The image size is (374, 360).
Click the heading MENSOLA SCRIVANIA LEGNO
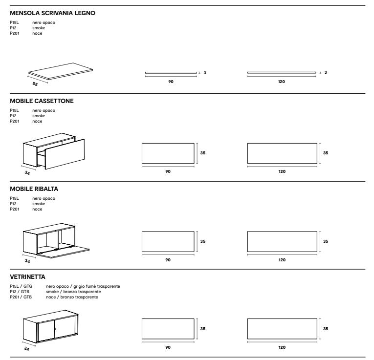52,13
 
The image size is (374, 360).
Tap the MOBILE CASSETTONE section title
42,101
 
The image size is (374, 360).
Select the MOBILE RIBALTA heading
34,189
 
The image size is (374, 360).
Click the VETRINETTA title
27,277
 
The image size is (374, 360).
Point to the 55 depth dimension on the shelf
35,84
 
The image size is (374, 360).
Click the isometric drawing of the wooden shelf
61,71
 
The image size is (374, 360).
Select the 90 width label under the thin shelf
171,82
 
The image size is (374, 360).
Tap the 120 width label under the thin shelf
282,82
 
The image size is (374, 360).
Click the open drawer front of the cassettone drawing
65,154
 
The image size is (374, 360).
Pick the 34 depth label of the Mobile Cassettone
27,173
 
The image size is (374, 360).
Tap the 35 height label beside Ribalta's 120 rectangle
326,241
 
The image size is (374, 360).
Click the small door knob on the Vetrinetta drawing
55,329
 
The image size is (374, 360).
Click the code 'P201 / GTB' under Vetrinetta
21,297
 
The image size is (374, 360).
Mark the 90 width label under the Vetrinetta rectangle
168,347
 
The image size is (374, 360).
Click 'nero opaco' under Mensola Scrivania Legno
44,22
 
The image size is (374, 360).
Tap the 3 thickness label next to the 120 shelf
326,72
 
